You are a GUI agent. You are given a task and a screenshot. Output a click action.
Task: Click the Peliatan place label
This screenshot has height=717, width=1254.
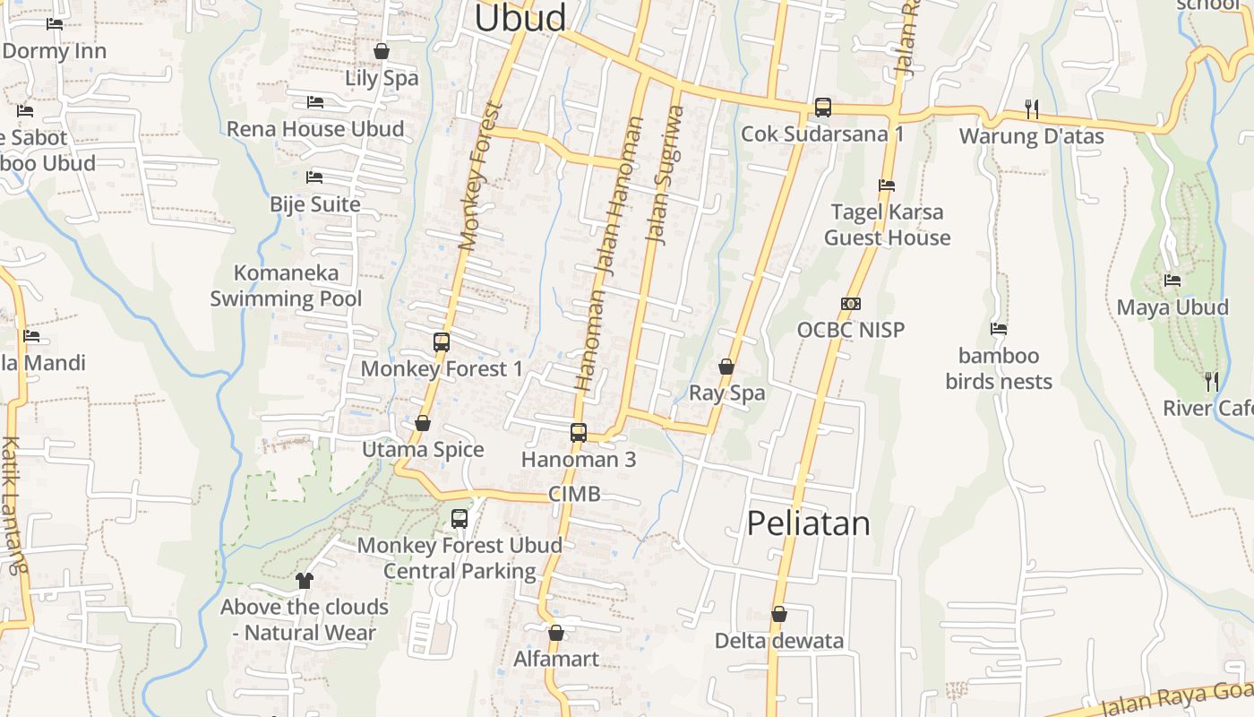click(x=808, y=523)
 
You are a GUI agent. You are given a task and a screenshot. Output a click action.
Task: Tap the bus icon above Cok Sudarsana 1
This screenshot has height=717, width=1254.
click(x=822, y=108)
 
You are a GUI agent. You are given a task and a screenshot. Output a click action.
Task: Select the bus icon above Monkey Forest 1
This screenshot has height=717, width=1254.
click(x=441, y=341)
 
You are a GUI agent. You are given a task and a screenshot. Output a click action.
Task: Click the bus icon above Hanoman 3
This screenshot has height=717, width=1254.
click(x=578, y=433)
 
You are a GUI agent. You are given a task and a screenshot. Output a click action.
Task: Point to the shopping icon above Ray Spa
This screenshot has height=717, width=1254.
click(x=726, y=367)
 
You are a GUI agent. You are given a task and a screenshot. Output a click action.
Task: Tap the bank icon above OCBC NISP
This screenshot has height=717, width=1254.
click(x=851, y=304)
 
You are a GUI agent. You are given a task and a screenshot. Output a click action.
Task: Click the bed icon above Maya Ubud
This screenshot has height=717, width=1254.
click(x=1172, y=281)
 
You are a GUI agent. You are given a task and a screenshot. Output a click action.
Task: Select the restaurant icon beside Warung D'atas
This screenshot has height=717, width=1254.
click(x=1032, y=109)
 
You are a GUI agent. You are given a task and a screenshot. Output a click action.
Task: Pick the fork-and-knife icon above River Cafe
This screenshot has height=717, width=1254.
click(x=1211, y=382)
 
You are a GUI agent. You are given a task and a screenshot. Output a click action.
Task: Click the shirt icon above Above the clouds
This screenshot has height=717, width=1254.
click(x=305, y=581)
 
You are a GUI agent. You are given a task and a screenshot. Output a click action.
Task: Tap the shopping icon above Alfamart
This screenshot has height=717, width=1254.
click(x=556, y=634)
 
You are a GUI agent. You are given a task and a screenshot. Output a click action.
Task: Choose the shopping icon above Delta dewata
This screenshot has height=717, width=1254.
click(x=779, y=615)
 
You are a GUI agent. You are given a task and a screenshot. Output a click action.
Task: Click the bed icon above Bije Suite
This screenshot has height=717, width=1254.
click(x=314, y=177)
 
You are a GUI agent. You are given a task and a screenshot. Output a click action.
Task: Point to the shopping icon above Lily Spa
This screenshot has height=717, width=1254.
click(x=382, y=51)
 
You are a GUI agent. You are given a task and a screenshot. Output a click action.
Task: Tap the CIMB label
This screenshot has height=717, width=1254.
click(x=574, y=495)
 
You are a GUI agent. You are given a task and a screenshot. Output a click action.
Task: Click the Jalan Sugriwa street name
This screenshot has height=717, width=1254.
click(x=665, y=176)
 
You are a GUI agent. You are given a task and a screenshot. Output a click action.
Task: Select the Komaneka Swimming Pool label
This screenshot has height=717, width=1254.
click(x=286, y=286)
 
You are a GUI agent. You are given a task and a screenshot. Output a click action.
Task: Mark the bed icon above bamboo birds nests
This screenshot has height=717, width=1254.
click(x=999, y=329)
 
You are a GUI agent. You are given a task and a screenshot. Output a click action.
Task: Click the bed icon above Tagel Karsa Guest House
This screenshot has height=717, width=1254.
click(x=887, y=186)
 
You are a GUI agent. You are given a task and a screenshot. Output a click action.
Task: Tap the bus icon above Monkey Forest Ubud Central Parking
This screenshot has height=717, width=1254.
click(x=460, y=518)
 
